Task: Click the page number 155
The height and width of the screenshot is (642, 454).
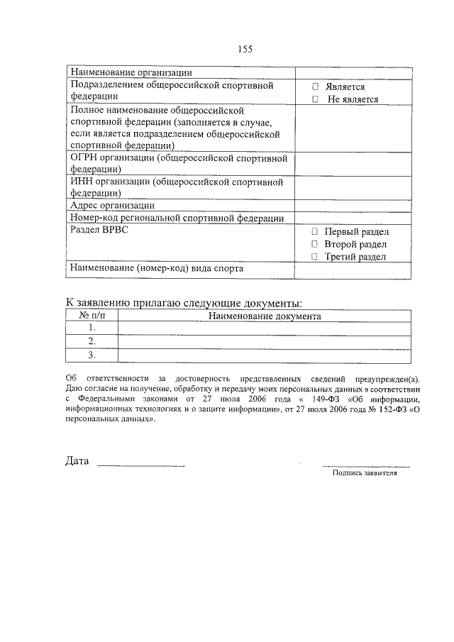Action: pos(245,49)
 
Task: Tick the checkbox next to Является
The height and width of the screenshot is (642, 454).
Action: pos(316,87)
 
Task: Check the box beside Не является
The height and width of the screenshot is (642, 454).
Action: pos(316,100)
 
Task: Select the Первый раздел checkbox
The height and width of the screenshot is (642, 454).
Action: pos(314,232)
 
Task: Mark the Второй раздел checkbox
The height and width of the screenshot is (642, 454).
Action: pos(314,244)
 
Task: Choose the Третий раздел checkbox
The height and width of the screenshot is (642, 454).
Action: pos(314,257)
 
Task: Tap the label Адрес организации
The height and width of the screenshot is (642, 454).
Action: pos(112,205)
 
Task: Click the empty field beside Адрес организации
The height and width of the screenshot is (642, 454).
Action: pos(353,205)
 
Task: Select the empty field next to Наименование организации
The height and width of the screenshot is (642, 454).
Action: pos(353,72)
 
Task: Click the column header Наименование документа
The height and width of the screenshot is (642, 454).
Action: pos(265,316)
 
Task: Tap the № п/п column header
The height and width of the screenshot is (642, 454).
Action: pos(92,316)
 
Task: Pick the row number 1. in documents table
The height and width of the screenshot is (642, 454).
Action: pos(92,328)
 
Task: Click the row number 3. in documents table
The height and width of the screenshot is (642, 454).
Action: pos(92,355)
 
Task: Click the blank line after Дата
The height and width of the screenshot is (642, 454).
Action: pos(140,465)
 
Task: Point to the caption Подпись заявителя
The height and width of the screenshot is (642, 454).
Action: pos(365,473)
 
